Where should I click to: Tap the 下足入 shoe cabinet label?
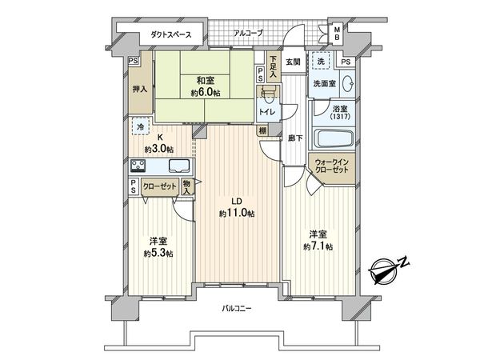tap(274, 62)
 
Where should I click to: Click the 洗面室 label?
tap(323, 82)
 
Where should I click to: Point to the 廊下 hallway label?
tap(295, 138)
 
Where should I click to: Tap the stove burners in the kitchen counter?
tap(138, 166)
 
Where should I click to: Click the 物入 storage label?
tap(187, 187)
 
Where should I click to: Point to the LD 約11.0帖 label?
tap(238, 209)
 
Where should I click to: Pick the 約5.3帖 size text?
tap(158, 254)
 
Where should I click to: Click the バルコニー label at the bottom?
tap(239, 306)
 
